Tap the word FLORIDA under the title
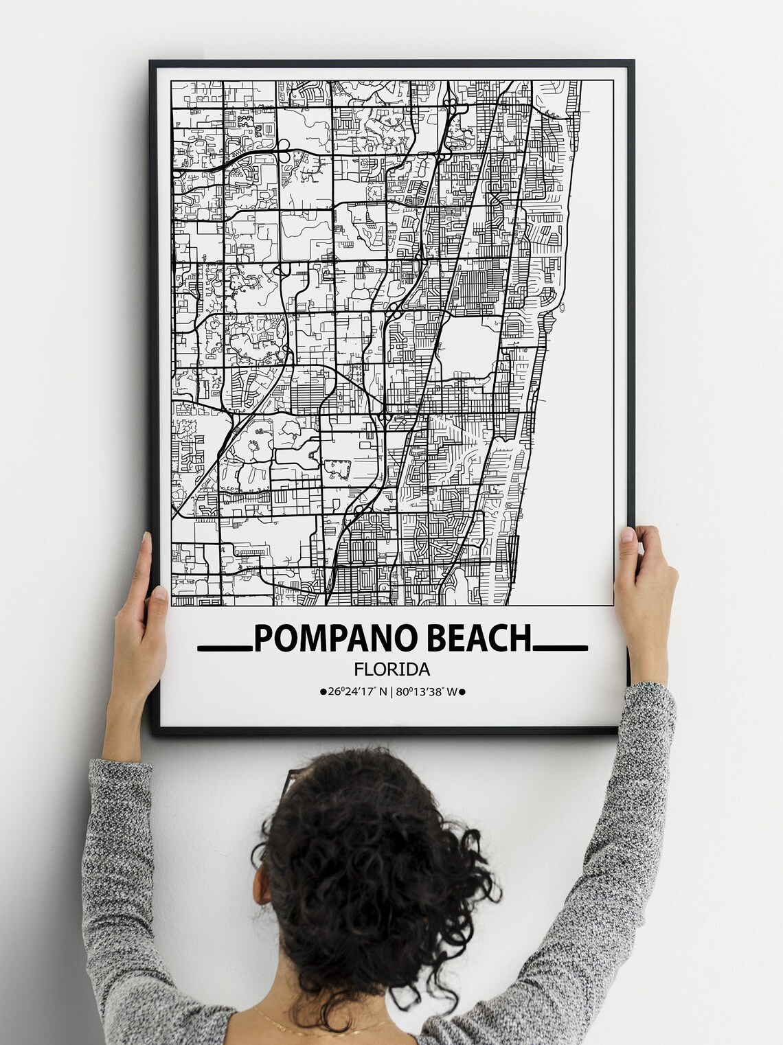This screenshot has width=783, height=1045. pos(392,668)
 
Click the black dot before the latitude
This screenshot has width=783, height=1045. pos(323,693)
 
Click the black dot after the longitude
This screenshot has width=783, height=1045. pos(462,693)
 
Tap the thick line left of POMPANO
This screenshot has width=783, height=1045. pos(225,647)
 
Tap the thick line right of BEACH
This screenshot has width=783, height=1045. pos(560,647)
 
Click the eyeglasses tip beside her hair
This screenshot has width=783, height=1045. pos(290,779)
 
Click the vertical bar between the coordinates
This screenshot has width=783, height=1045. pos(392,692)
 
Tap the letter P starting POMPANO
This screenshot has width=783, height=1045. pos(263,639)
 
